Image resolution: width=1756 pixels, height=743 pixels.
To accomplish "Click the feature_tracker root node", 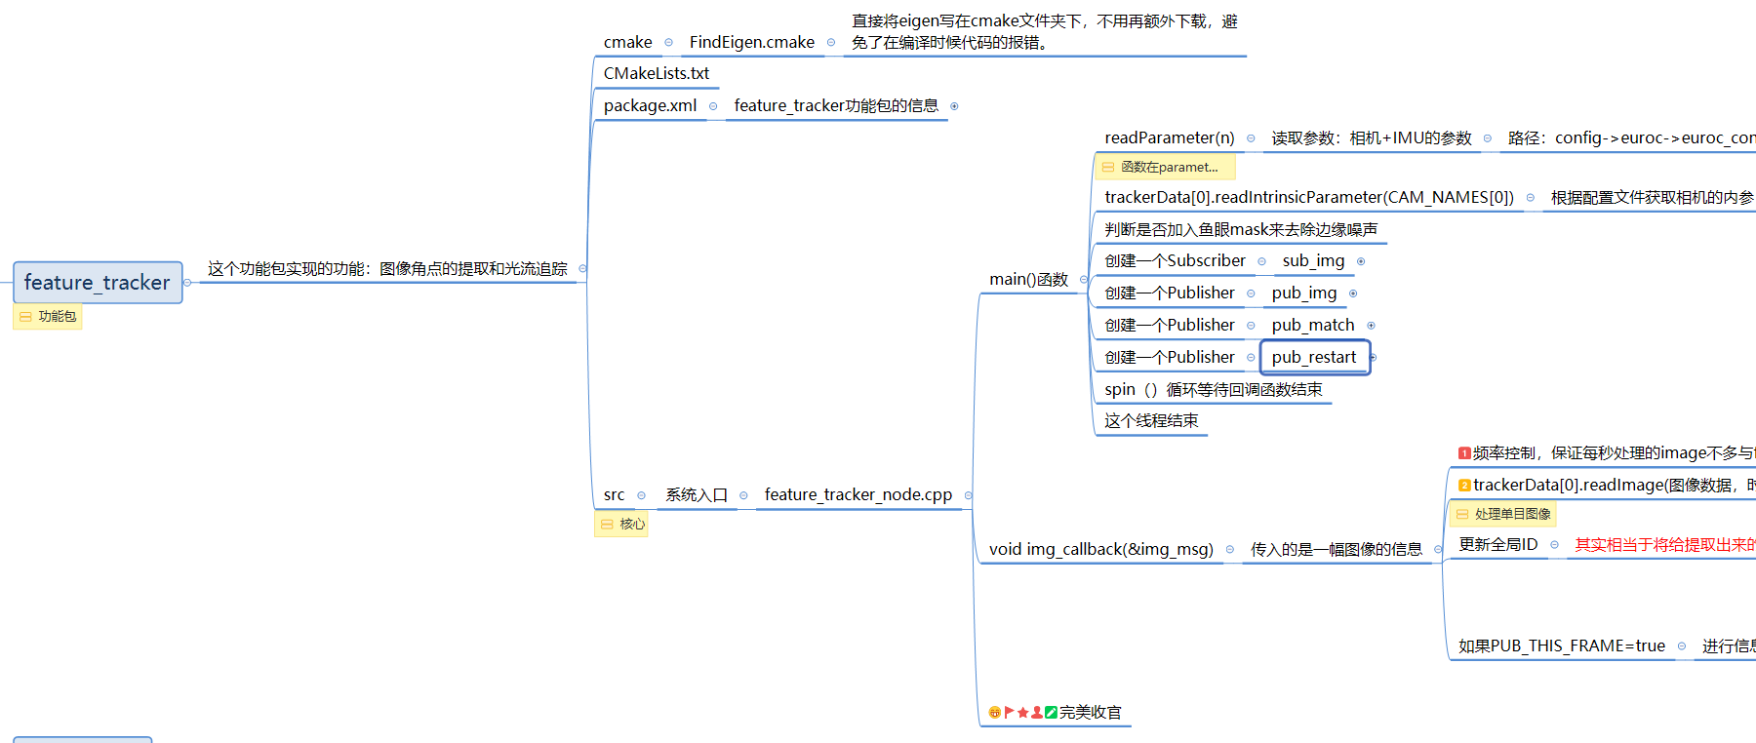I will click(x=98, y=283).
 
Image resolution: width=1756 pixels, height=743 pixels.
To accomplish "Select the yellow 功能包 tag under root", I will click(x=48, y=317).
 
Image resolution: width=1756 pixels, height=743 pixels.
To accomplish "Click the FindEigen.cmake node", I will click(x=751, y=42).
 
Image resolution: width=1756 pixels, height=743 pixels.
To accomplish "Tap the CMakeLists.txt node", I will click(x=656, y=73).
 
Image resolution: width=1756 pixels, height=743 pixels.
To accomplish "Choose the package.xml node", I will click(x=650, y=105).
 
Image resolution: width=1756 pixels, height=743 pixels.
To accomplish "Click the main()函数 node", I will click(x=1028, y=280).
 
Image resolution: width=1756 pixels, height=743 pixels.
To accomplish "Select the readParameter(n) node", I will click(x=1169, y=137).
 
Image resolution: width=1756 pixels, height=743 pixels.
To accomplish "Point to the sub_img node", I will click(x=1313, y=260).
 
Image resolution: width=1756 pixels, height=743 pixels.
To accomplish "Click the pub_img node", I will click(x=1303, y=293).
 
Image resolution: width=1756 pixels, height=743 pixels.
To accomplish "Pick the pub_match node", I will click(x=1312, y=325).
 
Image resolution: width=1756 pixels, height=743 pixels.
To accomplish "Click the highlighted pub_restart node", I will click(x=1313, y=357).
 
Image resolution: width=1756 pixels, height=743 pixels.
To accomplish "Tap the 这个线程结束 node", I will click(x=1151, y=421).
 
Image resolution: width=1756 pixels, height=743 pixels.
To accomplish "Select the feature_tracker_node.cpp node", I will click(x=858, y=494).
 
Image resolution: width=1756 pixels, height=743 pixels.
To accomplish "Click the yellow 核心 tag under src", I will click(x=622, y=525).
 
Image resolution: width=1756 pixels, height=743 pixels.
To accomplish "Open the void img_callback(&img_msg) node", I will click(x=1100, y=549).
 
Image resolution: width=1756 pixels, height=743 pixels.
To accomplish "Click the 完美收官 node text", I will click(x=1090, y=713).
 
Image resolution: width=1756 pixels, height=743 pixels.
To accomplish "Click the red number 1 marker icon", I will click(x=1463, y=453).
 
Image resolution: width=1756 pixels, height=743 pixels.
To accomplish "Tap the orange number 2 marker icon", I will click(x=1463, y=486).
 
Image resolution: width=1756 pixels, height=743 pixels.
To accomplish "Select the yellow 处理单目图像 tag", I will click(x=1503, y=514).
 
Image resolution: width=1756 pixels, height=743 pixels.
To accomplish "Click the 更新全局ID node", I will click(x=1497, y=544).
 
